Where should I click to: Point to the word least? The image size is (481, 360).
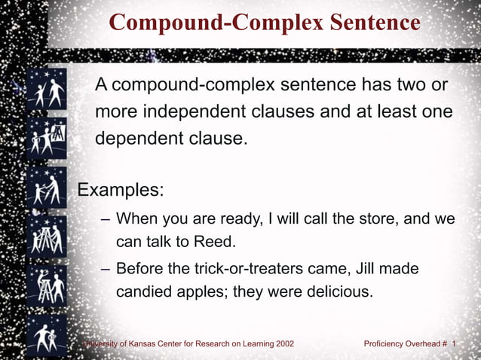[375, 112]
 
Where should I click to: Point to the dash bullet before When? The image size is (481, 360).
[105, 220]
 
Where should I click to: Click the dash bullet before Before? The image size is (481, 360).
[105, 269]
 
